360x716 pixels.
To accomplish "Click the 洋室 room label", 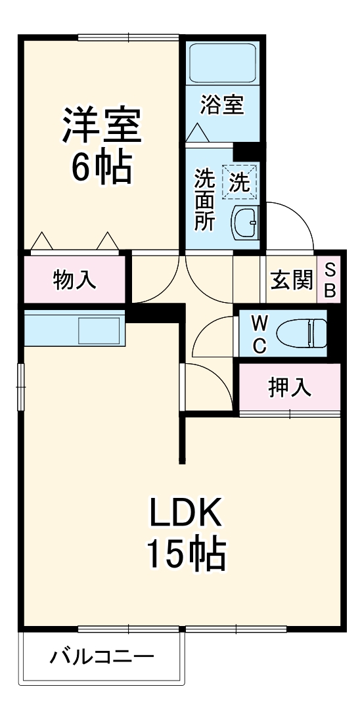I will (x=102, y=126).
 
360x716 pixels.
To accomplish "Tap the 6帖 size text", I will (x=102, y=168).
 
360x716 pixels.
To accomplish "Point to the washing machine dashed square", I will (x=240, y=181).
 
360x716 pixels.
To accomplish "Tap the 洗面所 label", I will (x=204, y=200).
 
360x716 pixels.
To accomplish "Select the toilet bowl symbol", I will (x=302, y=333).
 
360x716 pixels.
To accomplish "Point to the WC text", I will (x=259, y=334).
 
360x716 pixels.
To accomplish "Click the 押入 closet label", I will (x=289, y=388).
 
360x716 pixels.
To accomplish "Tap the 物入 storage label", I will (x=74, y=280).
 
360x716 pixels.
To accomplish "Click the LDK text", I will (x=186, y=514).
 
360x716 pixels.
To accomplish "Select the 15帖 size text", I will (x=186, y=554).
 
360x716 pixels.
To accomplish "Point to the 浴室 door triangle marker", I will (x=198, y=132).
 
